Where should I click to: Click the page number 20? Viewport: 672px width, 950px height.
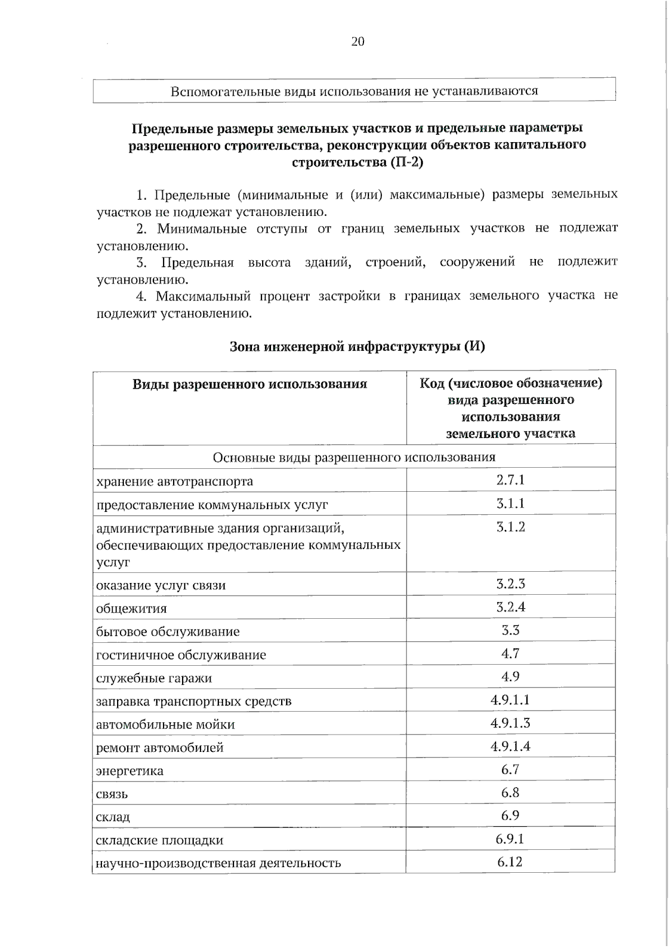[x=358, y=41]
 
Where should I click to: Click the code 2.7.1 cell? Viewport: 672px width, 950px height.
[x=510, y=480]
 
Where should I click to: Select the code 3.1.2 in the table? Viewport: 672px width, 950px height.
[x=510, y=527]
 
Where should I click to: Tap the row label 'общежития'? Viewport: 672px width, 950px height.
[x=132, y=609]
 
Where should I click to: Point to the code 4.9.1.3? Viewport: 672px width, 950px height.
[x=510, y=723]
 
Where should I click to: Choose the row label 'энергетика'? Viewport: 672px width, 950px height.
[x=130, y=771]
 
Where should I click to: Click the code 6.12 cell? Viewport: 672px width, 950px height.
[x=510, y=862]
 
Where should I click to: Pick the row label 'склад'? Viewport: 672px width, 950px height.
[x=113, y=817]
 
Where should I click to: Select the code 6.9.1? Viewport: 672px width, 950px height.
[x=510, y=839]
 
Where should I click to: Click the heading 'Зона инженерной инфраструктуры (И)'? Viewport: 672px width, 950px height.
[x=357, y=346]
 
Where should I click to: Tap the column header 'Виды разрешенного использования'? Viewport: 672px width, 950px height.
[x=250, y=384]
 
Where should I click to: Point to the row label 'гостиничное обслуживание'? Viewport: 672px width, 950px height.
[x=181, y=655]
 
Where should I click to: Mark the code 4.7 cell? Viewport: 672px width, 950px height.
[x=510, y=653]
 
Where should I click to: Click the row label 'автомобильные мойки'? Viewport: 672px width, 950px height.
[x=165, y=725]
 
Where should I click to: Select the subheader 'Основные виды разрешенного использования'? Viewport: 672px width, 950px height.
[x=354, y=458]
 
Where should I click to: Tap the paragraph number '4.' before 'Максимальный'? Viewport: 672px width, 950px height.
[x=142, y=296]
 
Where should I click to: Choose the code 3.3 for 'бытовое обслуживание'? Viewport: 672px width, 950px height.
[x=510, y=631]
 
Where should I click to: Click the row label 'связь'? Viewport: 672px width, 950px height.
[x=112, y=794]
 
